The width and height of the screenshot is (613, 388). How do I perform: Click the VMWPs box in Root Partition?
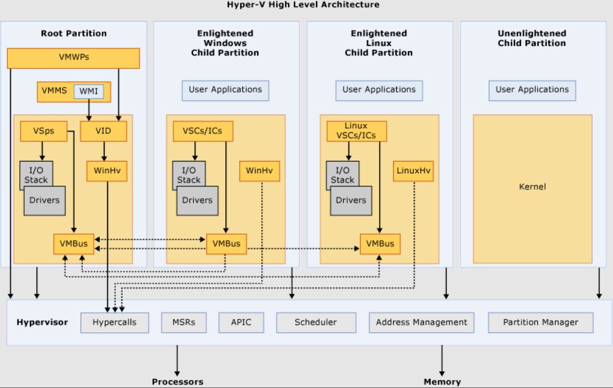point(74,58)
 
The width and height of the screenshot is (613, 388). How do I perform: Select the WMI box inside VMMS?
point(89,92)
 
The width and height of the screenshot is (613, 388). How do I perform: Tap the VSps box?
point(44,131)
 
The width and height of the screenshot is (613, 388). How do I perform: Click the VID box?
point(103,131)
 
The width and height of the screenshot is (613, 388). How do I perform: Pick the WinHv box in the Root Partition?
point(107,171)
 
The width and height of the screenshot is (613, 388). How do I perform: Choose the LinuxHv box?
point(413,171)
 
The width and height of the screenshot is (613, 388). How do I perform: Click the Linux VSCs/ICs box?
point(357,131)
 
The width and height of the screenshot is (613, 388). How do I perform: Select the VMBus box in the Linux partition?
point(380,244)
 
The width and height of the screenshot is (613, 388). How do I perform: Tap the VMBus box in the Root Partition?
point(74,244)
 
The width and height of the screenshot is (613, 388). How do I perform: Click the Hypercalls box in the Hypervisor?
point(114,323)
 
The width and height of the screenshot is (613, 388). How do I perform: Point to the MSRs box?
point(184,323)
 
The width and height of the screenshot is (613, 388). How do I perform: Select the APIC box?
point(241,323)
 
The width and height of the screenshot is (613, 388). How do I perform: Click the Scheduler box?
point(316,323)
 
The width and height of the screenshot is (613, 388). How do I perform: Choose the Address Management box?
point(421,323)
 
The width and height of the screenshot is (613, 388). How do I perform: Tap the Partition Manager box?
point(540,323)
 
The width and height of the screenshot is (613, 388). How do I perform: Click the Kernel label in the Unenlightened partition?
point(532,187)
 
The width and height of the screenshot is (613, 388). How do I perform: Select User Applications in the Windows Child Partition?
point(225,90)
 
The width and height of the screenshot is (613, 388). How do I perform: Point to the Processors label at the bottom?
point(177,382)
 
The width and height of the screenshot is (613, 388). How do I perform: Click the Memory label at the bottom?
point(442,382)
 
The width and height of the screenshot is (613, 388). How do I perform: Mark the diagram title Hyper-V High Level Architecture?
point(303,5)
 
